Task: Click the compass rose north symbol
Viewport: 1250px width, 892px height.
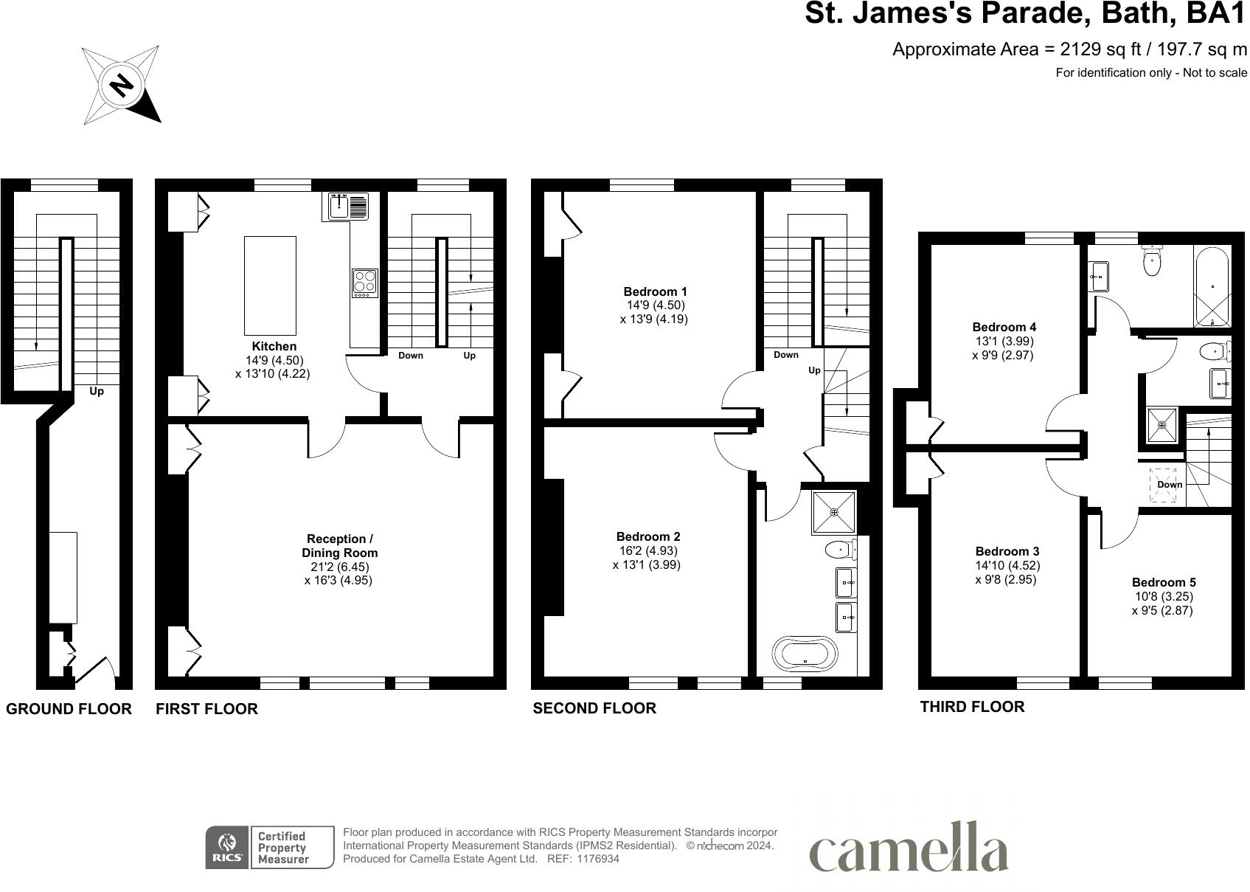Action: pyautogui.click(x=122, y=85)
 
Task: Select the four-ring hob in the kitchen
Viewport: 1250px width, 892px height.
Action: pyautogui.click(x=364, y=283)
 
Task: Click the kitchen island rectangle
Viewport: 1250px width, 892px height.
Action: pyautogui.click(x=270, y=285)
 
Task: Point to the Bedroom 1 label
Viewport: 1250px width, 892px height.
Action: pyautogui.click(x=655, y=291)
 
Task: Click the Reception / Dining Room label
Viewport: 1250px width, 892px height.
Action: pyautogui.click(x=339, y=546)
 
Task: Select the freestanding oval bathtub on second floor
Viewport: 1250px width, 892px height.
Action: pyautogui.click(x=805, y=654)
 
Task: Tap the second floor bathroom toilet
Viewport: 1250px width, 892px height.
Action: pyautogui.click(x=839, y=549)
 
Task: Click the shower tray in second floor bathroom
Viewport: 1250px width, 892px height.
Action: pyautogui.click(x=834, y=511)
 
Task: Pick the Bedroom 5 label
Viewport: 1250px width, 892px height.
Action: pyautogui.click(x=1163, y=582)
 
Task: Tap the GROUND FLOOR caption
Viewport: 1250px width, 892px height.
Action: pyautogui.click(x=69, y=709)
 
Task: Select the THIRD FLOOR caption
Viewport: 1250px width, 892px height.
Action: pyautogui.click(x=971, y=707)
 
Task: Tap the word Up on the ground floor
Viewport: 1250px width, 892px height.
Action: pyautogui.click(x=97, y=391)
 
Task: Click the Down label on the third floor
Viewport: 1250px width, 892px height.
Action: pyautogui.click(x=1170, y=485)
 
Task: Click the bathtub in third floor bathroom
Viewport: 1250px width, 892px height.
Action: pyautogui.click(x=1212, y=286)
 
